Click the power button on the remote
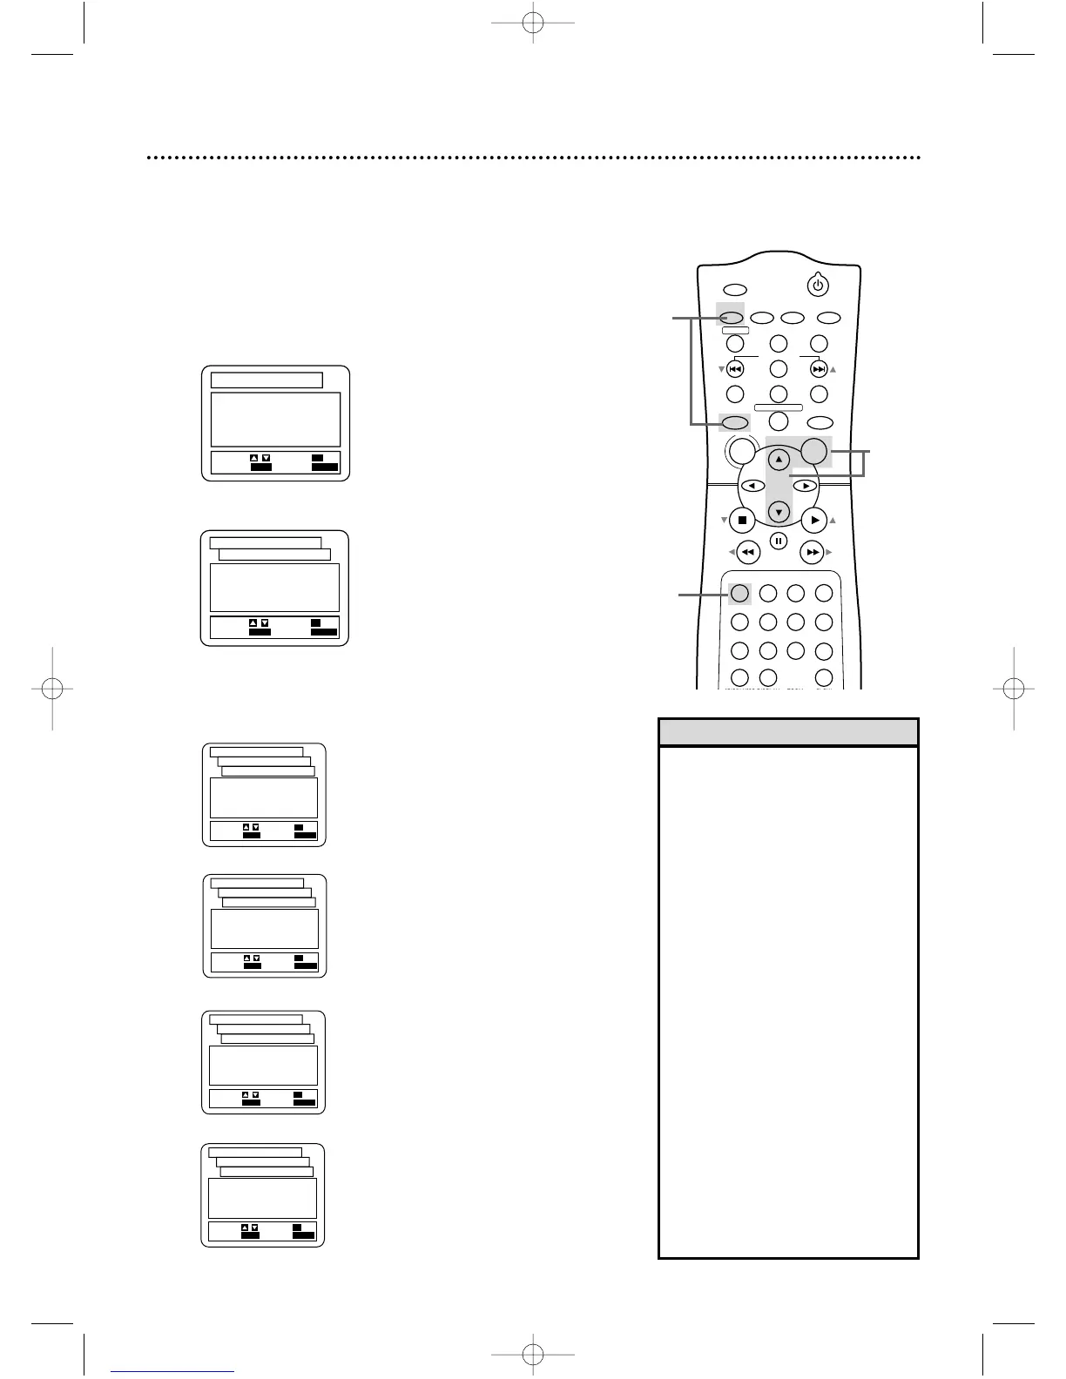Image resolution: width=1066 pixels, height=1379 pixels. pyautogui.click(x=817, y=285)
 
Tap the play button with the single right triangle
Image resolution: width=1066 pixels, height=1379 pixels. pyautogui.click(x=813, y=521)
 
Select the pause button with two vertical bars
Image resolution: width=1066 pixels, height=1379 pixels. pyautogui.click(x=779, y=542)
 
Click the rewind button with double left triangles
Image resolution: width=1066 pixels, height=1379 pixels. pyautogui.click(x=747, y=552)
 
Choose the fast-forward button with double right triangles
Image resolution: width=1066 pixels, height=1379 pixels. pyautogui.click(x=812, y=552)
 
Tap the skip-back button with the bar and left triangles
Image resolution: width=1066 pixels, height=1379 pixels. pyautogui.click(x=735, y=369)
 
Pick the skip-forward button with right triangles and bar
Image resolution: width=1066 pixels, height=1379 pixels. pyautogui.click(x=819, y=369)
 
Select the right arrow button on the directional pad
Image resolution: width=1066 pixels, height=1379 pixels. pyautogui.click(x=806, y=486)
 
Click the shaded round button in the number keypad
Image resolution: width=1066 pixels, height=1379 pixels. pyautogui.click(x=739, y=594)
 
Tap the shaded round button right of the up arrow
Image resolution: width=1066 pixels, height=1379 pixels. pyautogui.click(x=813, y=450)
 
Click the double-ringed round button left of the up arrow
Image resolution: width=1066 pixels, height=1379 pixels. pyautogui.click(x=741, y=450)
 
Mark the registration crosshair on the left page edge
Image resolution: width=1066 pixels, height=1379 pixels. pyautogui.click(x=51, y=689)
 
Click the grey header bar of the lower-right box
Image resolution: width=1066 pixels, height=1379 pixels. pyautogui.click(x=788, y=732)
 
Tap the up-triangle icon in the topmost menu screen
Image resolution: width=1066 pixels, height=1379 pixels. pyautogui.click(x=254, y=458)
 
